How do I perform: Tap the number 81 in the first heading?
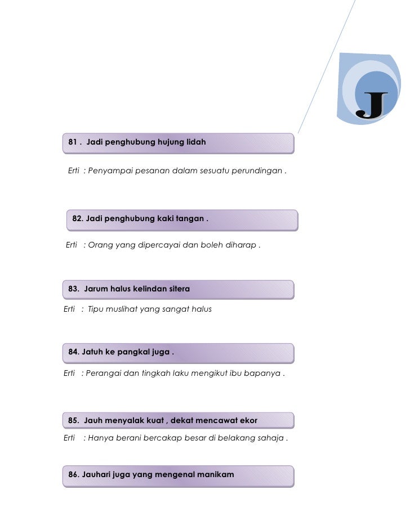pos(73,143)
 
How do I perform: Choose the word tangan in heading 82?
pos(189,218)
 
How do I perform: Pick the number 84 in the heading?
pos(73,352)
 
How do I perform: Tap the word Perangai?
pos(105,374)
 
